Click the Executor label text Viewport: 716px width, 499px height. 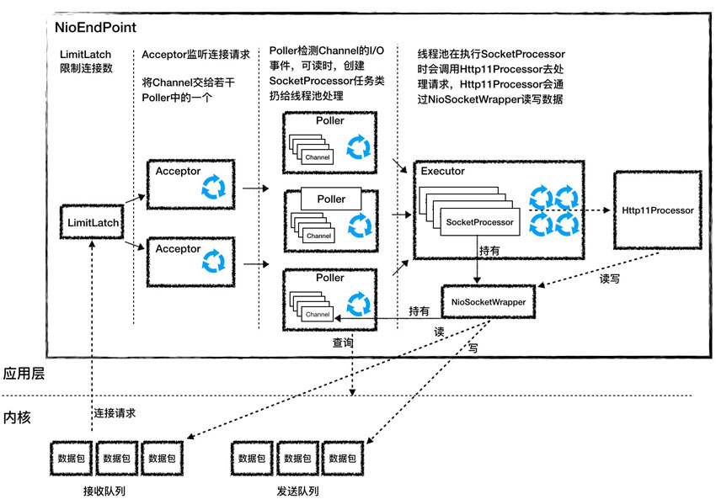click(443, 171)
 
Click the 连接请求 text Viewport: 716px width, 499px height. click(115, 414)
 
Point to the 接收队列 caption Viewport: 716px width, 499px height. click(105, 491)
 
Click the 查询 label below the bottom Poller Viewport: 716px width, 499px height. click(343, 344)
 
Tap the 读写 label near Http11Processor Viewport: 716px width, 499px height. click(609, 279)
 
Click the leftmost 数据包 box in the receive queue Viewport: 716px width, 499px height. click(70, 459)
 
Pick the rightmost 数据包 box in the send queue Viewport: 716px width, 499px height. click(343, 459)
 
